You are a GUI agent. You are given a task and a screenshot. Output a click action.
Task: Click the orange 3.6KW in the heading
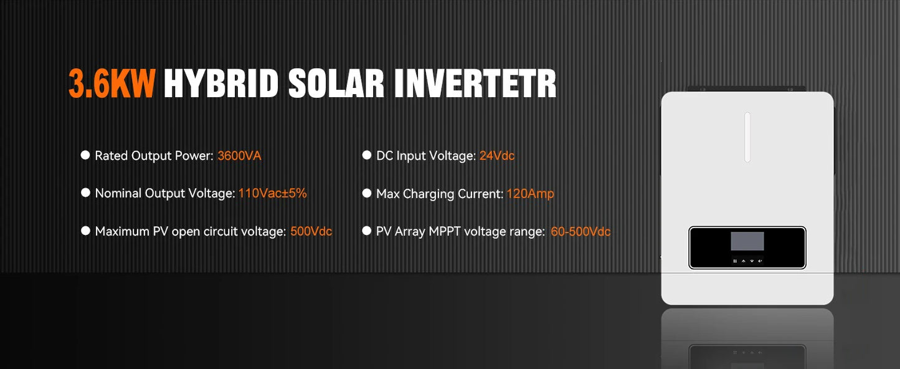coord(111,84)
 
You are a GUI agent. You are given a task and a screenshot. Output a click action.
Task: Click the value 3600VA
coord(239,156)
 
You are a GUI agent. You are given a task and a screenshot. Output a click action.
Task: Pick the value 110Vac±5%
coord(272,193)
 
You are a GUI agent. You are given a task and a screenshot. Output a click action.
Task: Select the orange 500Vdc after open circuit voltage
coord(311,231)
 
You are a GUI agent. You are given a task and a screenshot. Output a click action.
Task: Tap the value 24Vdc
coord(496,156)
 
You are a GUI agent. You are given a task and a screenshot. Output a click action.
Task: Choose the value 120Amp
coord(530,194)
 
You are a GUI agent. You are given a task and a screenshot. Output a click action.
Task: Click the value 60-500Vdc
coord(580,232)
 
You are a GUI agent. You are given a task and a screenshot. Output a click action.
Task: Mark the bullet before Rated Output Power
coord(85,155)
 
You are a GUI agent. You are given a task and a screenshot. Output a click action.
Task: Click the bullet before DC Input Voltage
coord(367,155)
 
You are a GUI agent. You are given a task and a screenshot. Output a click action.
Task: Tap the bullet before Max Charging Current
coord(367,193)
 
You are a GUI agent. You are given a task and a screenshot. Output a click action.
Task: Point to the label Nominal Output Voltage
coord(164,193)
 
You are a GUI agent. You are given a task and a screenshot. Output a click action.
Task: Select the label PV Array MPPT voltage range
coord(460,232)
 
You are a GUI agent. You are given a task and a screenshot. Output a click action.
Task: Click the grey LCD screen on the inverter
coord(747,241)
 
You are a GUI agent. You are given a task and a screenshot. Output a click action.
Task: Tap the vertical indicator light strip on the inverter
coord(747,137)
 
